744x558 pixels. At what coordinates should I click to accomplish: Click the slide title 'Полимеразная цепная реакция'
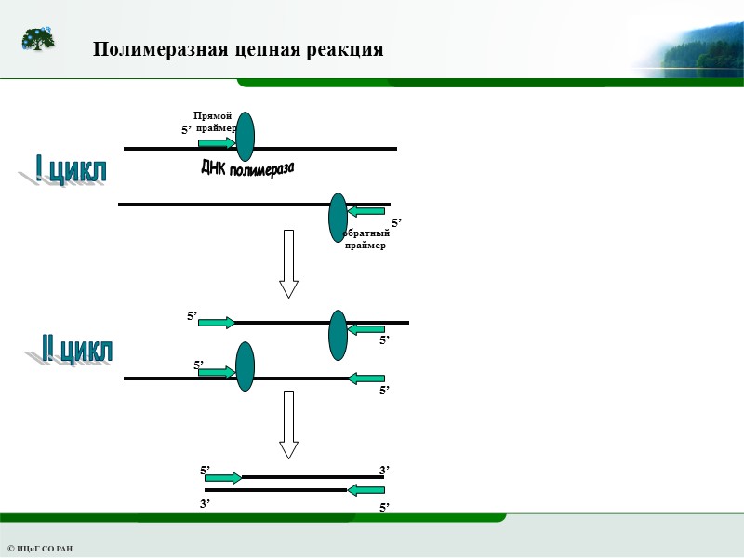[x=238, y=49]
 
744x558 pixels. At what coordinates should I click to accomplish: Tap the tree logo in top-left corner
[x=38, y=40]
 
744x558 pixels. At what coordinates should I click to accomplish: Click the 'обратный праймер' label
[x=365, y=239]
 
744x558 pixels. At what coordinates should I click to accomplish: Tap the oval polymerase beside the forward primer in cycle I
[x=245, y=137]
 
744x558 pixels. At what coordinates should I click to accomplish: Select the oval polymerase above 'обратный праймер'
[x=339, y=217]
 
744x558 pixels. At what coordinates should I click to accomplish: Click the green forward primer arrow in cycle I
[x=217, y=142]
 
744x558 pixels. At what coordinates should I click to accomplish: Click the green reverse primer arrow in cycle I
[x=366, y=210]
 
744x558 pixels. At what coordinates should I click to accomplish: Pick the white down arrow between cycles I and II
[x=288, y=263]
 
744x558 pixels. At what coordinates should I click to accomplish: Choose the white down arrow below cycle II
[x=288, y=424]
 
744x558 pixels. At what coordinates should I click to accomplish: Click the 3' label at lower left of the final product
[x=205, y=503]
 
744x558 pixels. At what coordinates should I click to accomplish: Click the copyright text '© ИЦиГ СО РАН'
[x=40, y=549]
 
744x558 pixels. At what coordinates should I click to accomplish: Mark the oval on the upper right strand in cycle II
[x=339, y=335]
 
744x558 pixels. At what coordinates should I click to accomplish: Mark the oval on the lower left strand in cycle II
[x=245, y=366]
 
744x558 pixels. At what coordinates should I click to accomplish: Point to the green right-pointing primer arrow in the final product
[x=223, y=478]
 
